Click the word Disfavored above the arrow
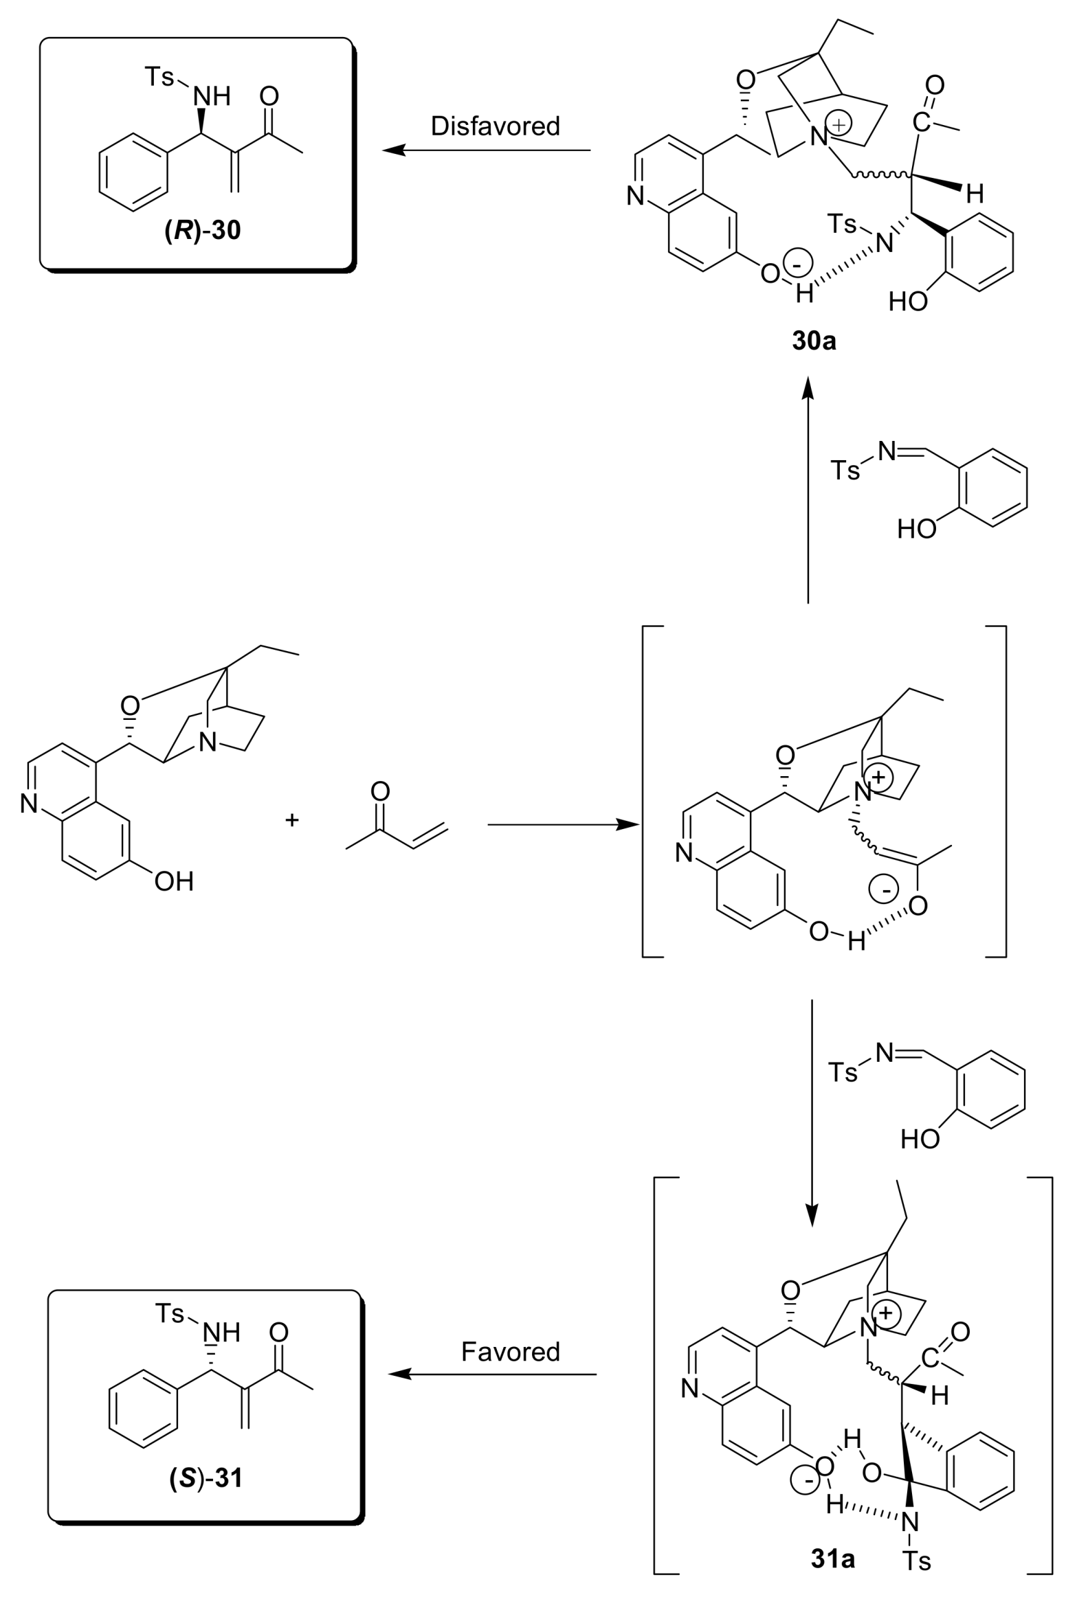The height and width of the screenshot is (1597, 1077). [495, 126]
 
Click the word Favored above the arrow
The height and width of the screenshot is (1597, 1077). [510, 1352]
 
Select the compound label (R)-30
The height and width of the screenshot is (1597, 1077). [203, 230]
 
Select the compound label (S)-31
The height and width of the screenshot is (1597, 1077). [206, 1477]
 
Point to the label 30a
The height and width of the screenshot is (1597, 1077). [814, 341]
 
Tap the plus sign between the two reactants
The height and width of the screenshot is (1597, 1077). [292, 819]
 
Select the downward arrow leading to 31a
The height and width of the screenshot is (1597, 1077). [812, 1113]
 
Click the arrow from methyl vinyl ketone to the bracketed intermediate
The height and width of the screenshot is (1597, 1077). [564, 824]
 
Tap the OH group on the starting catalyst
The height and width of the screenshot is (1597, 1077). [174, 881]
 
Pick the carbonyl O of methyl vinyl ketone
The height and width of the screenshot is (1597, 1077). [380, 791]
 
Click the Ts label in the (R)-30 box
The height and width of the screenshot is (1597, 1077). [159, 76]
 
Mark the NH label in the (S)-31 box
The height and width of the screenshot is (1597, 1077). [221, 1333]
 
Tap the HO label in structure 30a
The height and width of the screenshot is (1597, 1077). [908, 301]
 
